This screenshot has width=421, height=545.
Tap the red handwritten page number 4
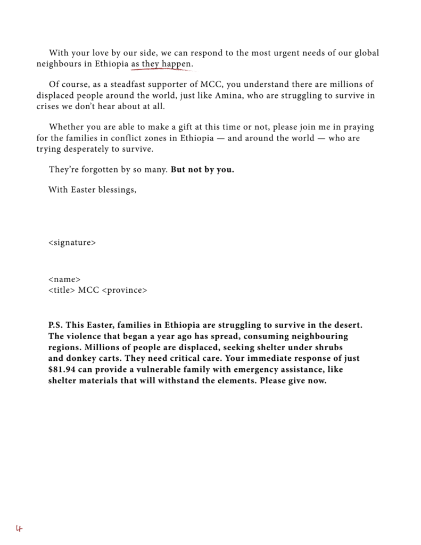[19, 529]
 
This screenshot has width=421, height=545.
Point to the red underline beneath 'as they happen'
[162, 69]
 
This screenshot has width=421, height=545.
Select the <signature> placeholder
[72, 243]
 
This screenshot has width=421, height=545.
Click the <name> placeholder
[64, 279]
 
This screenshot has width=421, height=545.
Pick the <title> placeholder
[61, 290]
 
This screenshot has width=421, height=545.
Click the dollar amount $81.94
[62, 369]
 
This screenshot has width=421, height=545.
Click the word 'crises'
[48, 106]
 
